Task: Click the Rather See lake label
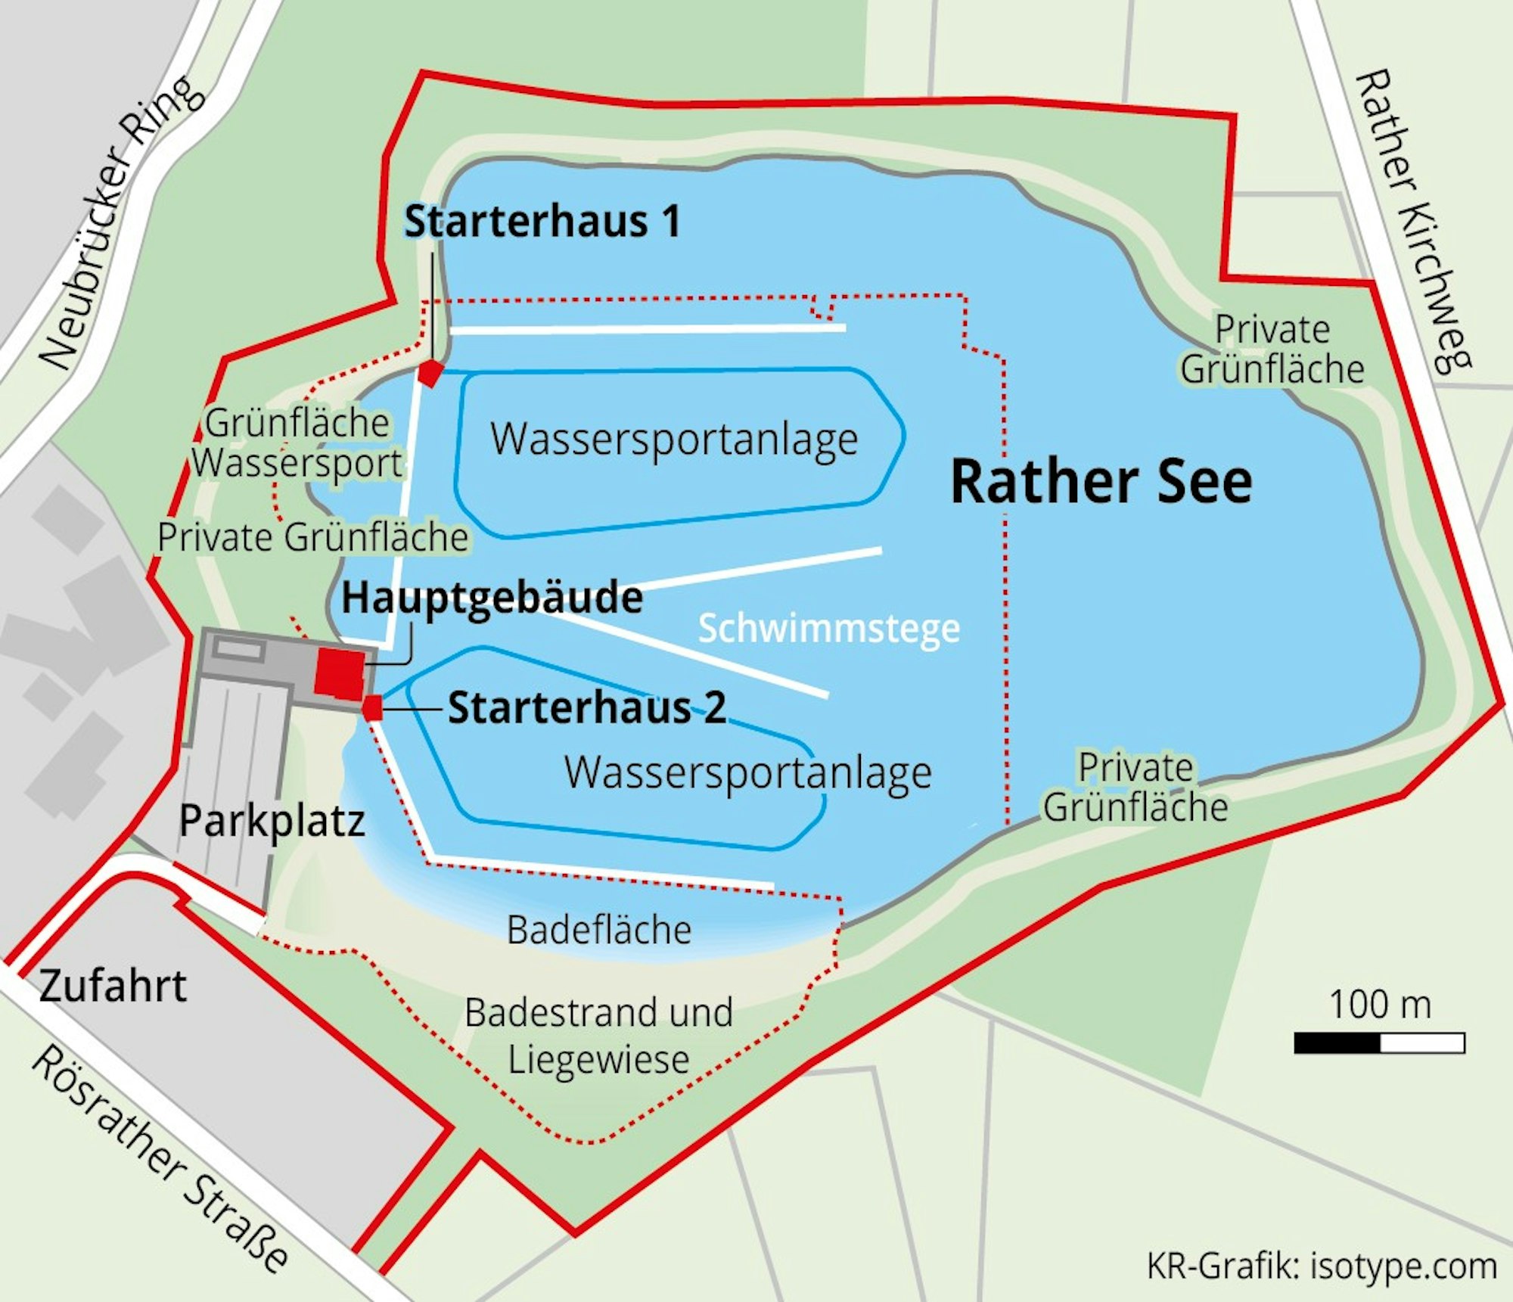click(1101, 482)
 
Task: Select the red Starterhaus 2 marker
click(372, 709)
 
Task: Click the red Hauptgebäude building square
click(340, 671)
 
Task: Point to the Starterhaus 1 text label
click(542, 222)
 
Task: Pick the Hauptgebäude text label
click(492, 598)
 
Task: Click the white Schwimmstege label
click(828, 628)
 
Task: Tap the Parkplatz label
click(272, 821)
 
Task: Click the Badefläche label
click(598, 930)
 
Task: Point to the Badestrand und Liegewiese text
click(598, 1035)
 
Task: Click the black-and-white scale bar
click(1379, 1043)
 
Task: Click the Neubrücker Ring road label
click(121, 223)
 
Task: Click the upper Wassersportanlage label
click(674, 439)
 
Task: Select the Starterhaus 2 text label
click(587, 708)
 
